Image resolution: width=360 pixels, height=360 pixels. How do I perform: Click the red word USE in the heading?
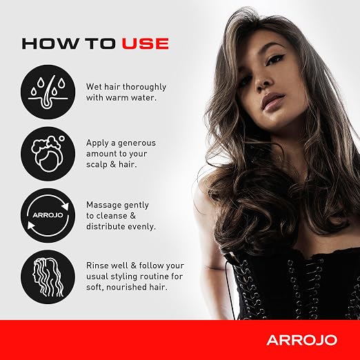click(146, 43)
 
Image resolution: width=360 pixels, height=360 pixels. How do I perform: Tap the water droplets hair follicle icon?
click(48, 92)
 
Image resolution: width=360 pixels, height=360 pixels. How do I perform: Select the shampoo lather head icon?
click(48, 154)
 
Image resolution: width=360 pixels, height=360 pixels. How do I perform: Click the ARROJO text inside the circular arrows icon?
click(48, 215)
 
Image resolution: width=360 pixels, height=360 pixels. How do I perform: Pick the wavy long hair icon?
click(48, 277)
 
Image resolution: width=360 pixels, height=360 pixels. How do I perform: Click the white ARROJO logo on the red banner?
click(302, 340)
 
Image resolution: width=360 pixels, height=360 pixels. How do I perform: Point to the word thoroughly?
click(144, 88)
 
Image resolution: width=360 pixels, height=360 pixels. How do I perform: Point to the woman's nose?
click(263, 83)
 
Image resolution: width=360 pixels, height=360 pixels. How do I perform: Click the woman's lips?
click(273, 102)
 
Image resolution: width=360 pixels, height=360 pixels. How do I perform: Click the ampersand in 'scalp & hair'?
click(112, 165)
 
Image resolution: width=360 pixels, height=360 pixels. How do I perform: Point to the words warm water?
click(131, 98)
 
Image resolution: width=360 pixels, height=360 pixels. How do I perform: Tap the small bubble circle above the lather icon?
click(61, 139)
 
